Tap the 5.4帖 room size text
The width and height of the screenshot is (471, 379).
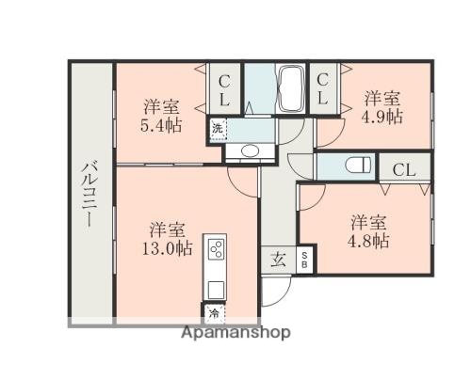[x=163, y=124]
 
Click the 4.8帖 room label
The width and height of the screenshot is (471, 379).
[x=369, y=242]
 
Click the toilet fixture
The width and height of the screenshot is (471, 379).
[x=357, y=166]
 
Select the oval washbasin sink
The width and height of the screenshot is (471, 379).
[x=251, y=150]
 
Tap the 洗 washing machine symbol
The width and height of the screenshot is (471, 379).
[x=218, y=129]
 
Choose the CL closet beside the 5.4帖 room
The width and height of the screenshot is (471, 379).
[x=226, y=91]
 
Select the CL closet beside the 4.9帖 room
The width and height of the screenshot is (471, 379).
[x=322, y=91]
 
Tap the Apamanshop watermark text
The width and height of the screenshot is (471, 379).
[x=235, y=333]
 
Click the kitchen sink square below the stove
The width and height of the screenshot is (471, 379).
[x=215, y=288]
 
